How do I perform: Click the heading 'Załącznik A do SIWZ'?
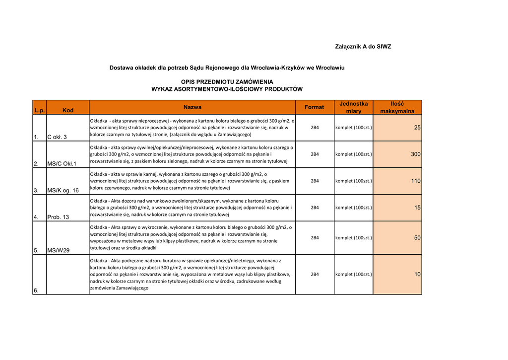point(363,47)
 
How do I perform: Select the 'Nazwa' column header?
point(192,107)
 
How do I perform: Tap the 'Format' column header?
point(314,107)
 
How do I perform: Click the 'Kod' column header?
point(67,110)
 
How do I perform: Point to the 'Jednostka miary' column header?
point(354,107)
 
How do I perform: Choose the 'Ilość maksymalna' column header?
point(397,107)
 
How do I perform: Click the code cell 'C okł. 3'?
point(57,137)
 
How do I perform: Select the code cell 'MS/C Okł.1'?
point(62,163)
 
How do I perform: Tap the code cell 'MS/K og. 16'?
point(63,190)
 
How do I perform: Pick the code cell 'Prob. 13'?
point(58,217)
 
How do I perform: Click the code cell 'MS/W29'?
point(59,250)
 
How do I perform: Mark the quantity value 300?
point(416,154)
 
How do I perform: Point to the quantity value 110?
point(416,181)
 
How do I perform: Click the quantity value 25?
point(417,128)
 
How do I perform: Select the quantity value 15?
point(417,208)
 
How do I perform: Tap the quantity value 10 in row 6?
point(417,275)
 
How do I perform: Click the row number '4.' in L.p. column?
point(36,217)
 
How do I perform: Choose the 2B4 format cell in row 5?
point(315,238)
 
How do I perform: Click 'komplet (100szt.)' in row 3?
point(354,181)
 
